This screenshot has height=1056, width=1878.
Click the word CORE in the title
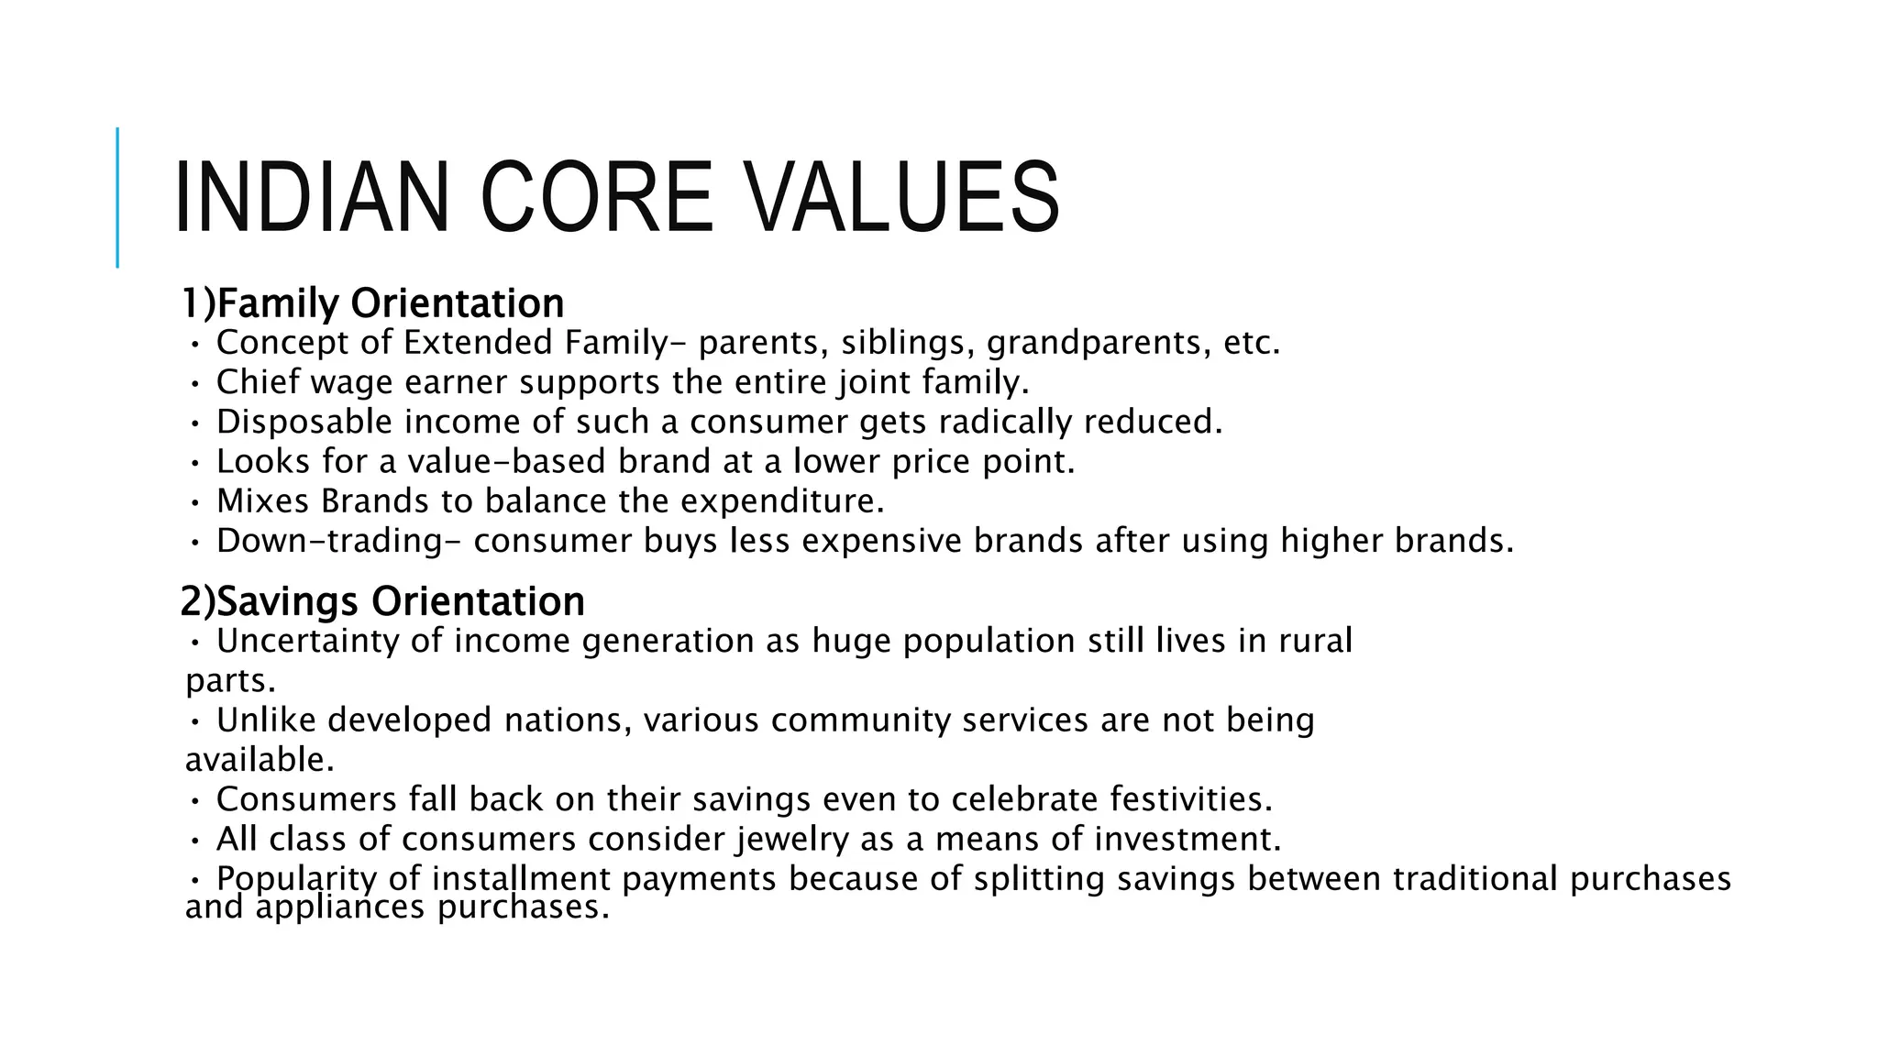point(596,198)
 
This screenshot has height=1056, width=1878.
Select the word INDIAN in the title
point(311,198)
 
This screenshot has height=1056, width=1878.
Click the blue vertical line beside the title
point(117,197)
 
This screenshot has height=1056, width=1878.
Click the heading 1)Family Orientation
point(372,303)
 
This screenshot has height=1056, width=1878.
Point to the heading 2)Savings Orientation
point(382,602)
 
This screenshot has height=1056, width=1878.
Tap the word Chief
point(258,382)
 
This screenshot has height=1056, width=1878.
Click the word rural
point(1315,641)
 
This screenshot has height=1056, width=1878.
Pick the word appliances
point(340,907)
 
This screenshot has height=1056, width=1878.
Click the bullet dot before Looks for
point(194,463)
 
